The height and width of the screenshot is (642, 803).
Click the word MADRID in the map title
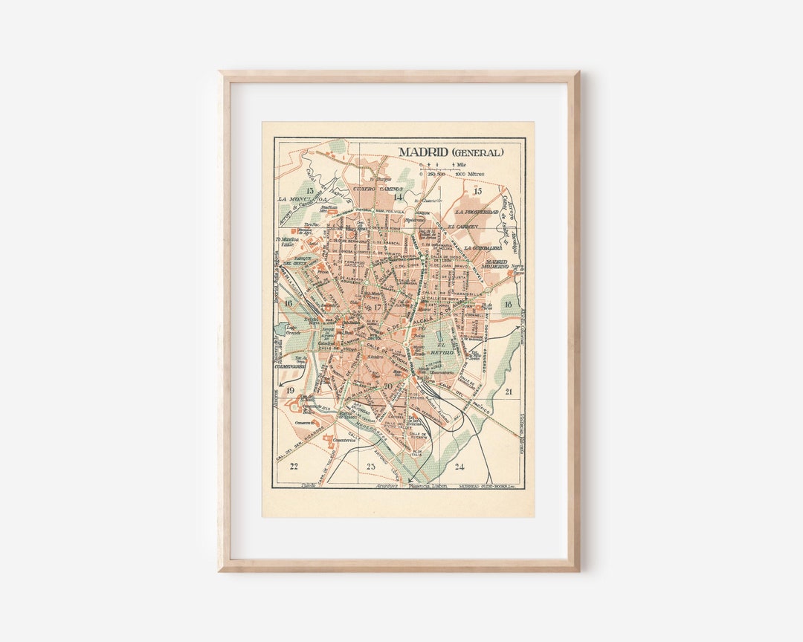(420, 152)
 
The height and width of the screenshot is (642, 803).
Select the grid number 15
(478, 192)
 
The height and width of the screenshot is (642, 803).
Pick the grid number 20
(388, 386)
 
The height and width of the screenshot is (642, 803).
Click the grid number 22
(294, 467)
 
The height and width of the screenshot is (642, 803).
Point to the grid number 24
(459, 467)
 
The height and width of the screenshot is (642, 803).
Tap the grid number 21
(509, 391)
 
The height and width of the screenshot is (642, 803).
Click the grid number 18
(508, 305)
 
